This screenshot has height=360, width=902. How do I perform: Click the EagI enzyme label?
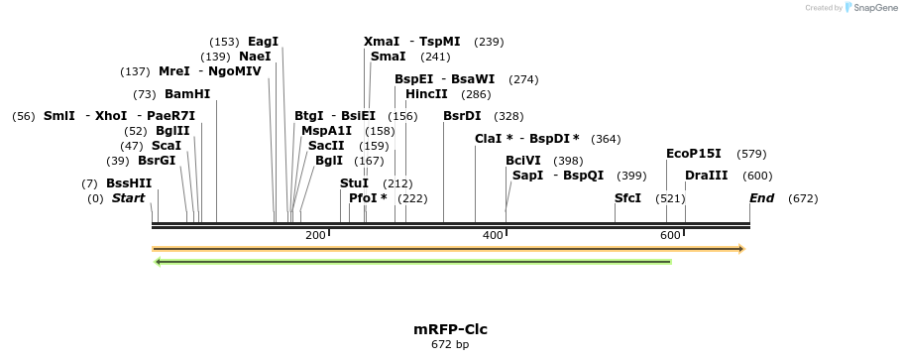click(263, 42)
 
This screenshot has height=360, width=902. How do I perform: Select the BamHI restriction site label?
click(187, 94)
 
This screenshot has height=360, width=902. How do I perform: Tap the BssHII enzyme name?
click(129, 183)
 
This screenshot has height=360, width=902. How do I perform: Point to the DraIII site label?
click(707, 176)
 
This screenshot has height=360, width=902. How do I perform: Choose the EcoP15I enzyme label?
click(694, 154)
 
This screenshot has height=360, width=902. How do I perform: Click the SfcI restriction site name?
click(627, 198)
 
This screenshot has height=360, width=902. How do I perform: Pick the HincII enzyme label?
click(426, 94)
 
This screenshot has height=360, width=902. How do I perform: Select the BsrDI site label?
click(462, 116)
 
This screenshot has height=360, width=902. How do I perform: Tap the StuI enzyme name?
click(354, 183)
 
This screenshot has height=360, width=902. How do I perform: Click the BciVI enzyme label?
click(523, 161)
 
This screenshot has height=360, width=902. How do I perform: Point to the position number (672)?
click(803, 198)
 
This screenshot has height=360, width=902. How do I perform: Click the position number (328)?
click(508, 116)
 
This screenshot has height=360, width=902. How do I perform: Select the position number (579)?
click(752, 154)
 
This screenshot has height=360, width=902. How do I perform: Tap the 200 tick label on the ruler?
click(315, 235)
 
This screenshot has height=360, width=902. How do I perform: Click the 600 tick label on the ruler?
click(670, 235)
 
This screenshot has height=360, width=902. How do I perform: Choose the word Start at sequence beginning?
click(128, 198)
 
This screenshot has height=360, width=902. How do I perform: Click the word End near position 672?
click(761, 198)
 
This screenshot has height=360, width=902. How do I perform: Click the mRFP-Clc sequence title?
click(450, 329)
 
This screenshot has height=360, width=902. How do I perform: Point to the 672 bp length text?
click(450, 345)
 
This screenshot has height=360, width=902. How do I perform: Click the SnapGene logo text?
click(872, 8)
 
